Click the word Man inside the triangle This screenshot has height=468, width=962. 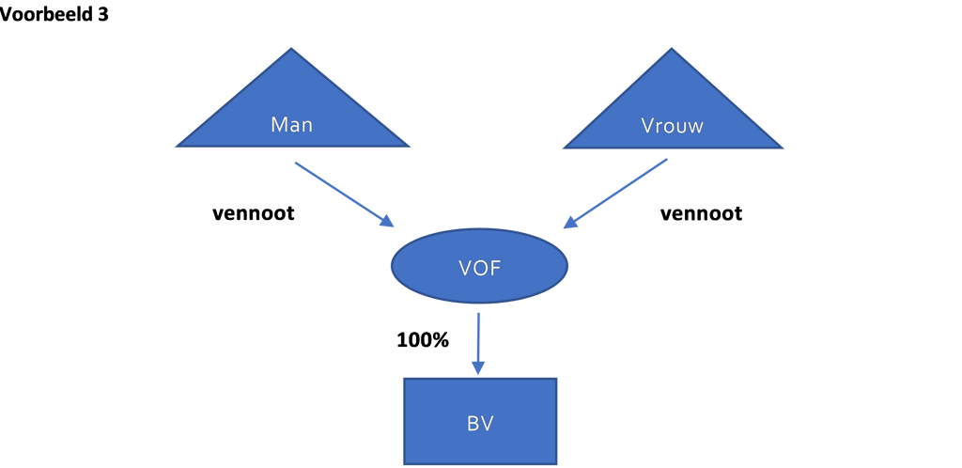pyautogui.click(x=292, y=125)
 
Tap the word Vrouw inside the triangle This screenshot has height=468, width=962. pyautogui.click(x=673, y=126)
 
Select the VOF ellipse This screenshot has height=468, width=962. pyautogui.click(x=479, y=266)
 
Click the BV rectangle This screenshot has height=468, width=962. pyautogui.click(x=480, y=421)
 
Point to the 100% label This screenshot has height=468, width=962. pyautogui.click(x=423, y=340)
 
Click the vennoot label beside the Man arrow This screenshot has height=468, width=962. pyautogui.click(x=254, y=213)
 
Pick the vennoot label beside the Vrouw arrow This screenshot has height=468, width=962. pyautogui.click(x=701, y=213)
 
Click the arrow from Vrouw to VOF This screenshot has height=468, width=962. pyautogui.click(x=615, y=194)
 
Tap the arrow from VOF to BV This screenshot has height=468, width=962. pyautogui.click(x=478, y=344)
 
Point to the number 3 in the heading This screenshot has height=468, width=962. pyautogui.click(x=102, y=14)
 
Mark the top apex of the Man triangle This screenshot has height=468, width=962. pyautogui.click(x=292, y=48)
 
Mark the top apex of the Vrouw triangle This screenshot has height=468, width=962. pyautogui.click(x=673, y=49)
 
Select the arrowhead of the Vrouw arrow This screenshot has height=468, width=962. pyautogui.click(x=570, y=224)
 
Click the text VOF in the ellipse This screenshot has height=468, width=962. pyautogui.click(x=480, y=268)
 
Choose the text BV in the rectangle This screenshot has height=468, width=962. pyautogui.click(x=480, y=424)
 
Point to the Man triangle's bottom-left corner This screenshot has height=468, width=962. pyautogui.click(x=176, y=147)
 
